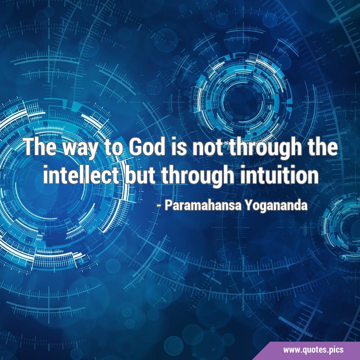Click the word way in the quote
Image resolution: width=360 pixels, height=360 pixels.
coord(80,149)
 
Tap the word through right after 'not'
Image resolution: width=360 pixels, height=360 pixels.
coord(266,149)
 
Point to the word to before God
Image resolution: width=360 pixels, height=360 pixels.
coord(113,148)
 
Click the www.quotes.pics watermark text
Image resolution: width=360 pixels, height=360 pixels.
coord(313,350)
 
